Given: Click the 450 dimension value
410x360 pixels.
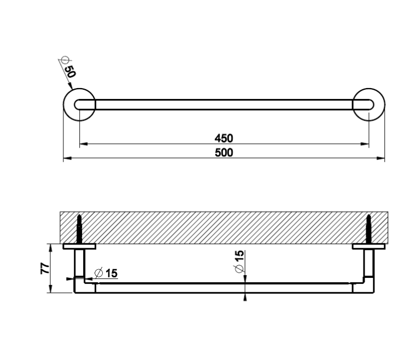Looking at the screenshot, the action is (x=224, y=138).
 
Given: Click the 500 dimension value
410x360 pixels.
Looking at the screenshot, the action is (x=224, y=153).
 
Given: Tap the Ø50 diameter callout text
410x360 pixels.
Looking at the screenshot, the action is (x=68, y=67).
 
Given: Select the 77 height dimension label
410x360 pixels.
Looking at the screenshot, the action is (x=45, y=268).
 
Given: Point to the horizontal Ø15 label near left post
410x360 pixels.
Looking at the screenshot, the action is (x=106, y=273).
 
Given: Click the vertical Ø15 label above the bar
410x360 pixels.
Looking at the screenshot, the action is (x=239, y=262).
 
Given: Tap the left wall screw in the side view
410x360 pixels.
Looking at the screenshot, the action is (x=79, y=229).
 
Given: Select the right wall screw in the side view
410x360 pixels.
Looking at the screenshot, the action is (x=368, y=229).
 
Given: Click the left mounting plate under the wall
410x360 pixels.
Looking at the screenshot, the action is (x=79, y=246).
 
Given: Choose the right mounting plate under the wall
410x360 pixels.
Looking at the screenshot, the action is (x=368, y=246).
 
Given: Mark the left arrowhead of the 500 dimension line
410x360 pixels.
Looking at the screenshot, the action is (x=67, y=158).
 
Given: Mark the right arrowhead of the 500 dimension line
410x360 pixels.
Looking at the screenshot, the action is (x=380, y=158).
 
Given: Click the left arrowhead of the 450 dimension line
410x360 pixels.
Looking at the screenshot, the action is (x=84, y=144).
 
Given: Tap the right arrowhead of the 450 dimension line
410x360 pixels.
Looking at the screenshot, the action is (x=365, y=144).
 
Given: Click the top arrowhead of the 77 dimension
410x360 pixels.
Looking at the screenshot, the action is (x=51, y=247).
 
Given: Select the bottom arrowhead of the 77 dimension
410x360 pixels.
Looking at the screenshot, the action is (x=51, y=289).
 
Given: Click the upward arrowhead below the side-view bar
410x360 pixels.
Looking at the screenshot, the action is (x=245, y=297).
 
